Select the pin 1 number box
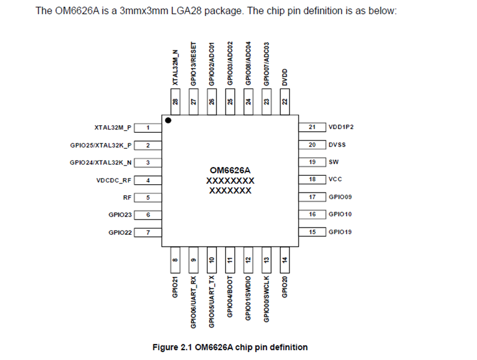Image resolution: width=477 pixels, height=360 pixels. pyautogui.click(x=148, y=128)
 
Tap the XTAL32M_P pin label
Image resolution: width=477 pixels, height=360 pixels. pyautogui.click(x=114, y=128)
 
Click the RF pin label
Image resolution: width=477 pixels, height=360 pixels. pyautogui.click(x=127, y=197)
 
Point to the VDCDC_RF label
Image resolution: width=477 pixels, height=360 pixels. pyautogui.click(x=114, y=180)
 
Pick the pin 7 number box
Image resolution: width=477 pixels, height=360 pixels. pyautogui.click(x=148, y=232)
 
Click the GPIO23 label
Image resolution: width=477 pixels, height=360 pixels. pyautogui.click(x=120, y=214)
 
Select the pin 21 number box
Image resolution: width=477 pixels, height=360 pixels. pyautogui.click(x=312, y=127)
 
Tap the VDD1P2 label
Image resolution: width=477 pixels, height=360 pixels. pyautogui.click(x=341, y=127)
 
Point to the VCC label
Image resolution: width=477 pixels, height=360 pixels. pyautogui.click(x=335, y=180)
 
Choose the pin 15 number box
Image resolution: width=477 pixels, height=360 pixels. pyautogui.click(x=312, y=232)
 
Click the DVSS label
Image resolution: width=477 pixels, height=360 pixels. pyautogui.click(x=337, y=145)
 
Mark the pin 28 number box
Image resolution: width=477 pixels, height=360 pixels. pyautogui.click(x=175, y=101)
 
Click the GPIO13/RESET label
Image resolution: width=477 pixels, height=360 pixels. pyautogui.click(x=194, y=63)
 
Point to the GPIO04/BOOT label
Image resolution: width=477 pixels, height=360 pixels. pyautogui.click(x=229, y=297)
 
